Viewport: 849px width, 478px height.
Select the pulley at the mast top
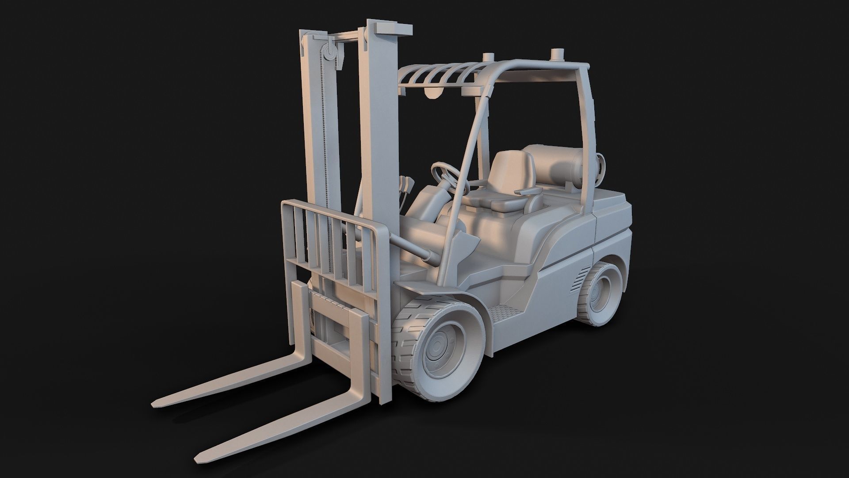tap(330, 55)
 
